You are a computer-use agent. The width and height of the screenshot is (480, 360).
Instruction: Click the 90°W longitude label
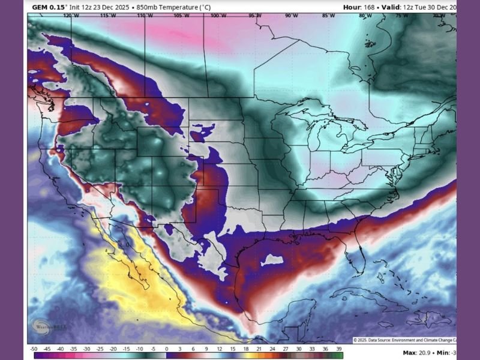tap(292, 16)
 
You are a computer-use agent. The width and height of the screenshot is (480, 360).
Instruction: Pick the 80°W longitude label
tap(365, 16)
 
